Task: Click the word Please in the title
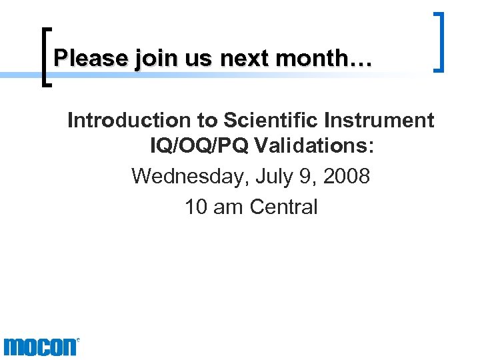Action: point(91,59)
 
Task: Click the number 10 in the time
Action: point(196,207)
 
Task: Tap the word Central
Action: point(284,207)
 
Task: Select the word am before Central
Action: point(229,207)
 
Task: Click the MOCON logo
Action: point(41,347)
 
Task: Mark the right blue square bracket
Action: point(439,41)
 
